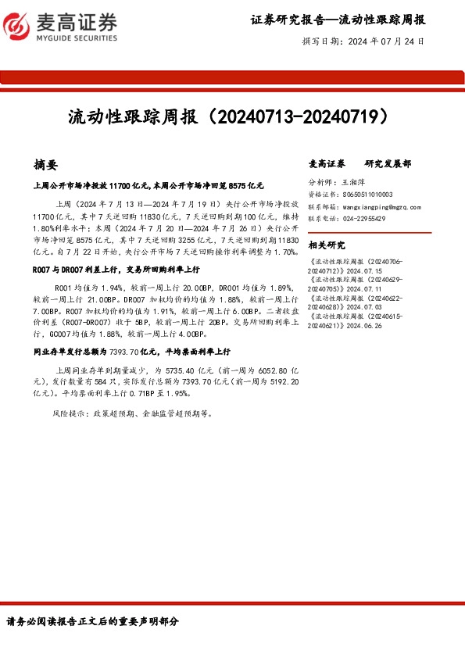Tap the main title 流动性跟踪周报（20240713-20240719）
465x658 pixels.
227,118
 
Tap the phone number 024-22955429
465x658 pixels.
363,220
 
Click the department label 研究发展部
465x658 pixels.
388,164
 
